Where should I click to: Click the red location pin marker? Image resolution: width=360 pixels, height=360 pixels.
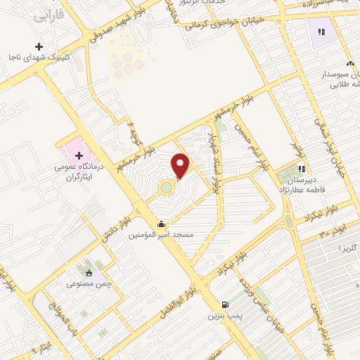181,165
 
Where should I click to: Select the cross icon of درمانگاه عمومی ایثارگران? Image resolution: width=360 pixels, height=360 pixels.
78,155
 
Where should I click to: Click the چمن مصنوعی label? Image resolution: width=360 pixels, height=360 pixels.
88,285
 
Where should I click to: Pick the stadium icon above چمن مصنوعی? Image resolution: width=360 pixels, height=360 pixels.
89,273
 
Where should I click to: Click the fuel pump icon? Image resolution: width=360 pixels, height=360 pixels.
224,305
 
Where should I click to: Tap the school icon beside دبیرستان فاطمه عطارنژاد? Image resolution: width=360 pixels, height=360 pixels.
302,169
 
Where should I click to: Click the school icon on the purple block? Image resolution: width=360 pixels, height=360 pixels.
321,32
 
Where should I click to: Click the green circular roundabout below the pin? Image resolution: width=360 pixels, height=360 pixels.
166,188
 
